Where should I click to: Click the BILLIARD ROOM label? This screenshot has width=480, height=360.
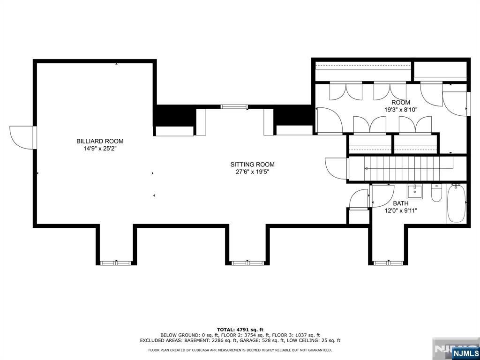pyautogui.click(x=100, y=141)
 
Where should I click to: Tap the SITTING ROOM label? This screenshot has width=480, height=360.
pyautogui.click(x=252, y=165)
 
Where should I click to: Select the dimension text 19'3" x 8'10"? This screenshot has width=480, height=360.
pyautogui.click(x=401, y=110)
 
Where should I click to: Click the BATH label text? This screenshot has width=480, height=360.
pyautogui.click(x=400, y=203)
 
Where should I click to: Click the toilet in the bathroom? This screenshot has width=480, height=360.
pyautogui.click(x=436, y=193)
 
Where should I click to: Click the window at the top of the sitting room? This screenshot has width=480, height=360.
pyautogui.click(x=234, y=107)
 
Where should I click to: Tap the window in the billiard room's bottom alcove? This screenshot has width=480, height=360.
pyautogui.click(x=116, y=263)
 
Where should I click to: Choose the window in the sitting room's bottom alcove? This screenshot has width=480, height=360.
pyautogui.click(x=248, y=263)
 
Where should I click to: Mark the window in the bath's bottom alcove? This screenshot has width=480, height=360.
pyautogui.click(x=387, y=263)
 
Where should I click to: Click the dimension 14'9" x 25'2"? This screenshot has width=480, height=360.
pyautogui.click(x=100, y=149)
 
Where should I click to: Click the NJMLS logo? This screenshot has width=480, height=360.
pyautogui.click(x=465, y=352)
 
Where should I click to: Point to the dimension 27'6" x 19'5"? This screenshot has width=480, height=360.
pyautogui.click(x=252, y=172)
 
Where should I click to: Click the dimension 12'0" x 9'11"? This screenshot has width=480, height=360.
pyautogui.click(x=400, y=210)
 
